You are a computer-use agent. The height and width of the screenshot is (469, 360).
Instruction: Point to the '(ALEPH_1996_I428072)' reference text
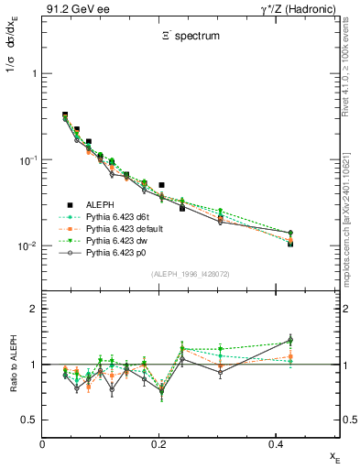pos(191,274)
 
